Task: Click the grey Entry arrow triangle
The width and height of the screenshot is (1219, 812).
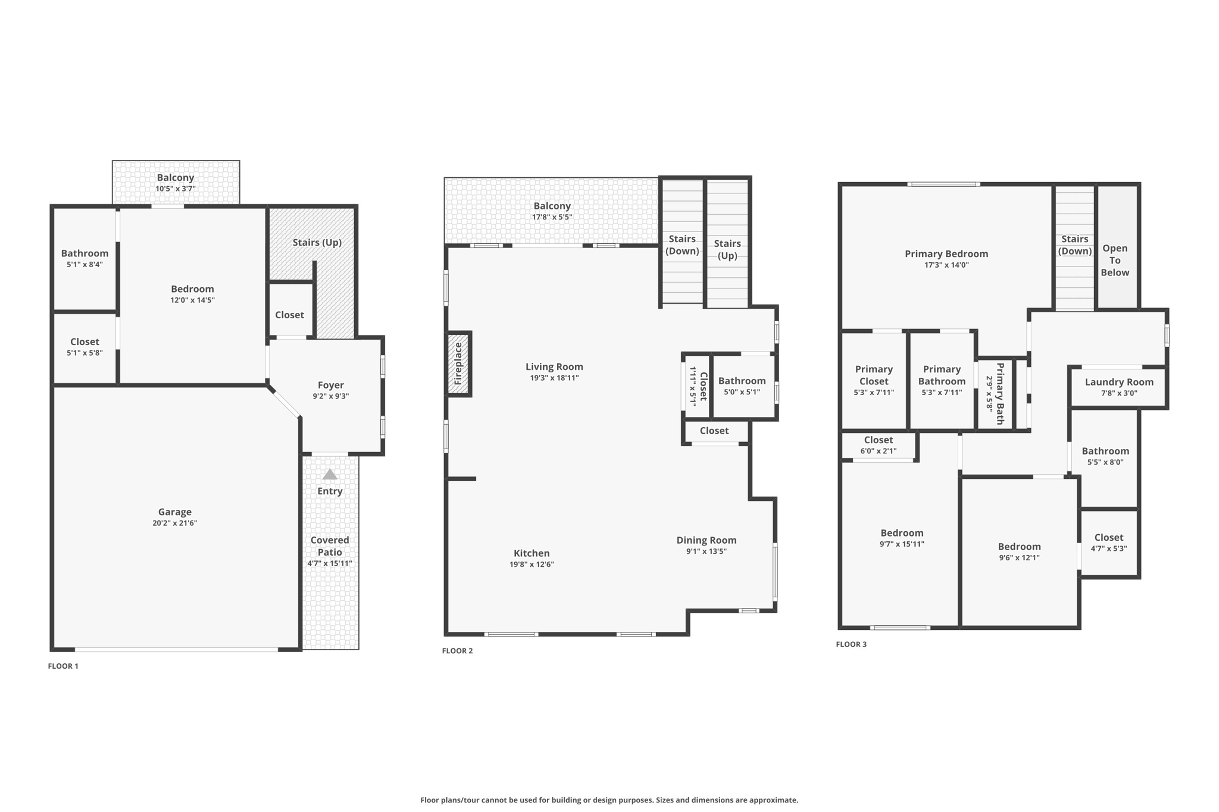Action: (x=330, y=475)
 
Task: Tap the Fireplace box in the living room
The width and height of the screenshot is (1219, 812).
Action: (x=459, y=363)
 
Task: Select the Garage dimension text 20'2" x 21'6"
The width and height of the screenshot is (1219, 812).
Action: (x=174, y=523)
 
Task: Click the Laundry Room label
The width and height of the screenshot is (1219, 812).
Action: (x=1118, y=382)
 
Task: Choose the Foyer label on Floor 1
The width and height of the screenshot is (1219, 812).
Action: (x=330, y=385)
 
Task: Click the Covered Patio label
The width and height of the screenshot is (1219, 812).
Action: (x=329, y=545)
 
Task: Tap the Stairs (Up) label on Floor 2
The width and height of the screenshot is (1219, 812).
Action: (x=727, y=249)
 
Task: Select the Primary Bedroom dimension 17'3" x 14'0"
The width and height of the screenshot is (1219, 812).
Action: (x=946, y=265)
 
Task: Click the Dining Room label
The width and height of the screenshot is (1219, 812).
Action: (x=706, y=540)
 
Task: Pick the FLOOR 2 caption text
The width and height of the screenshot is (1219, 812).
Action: (x=457, y=651)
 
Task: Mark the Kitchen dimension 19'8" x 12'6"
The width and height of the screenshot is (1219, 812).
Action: (x=532, y=565)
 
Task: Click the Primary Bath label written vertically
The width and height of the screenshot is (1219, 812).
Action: (x=999, y=393)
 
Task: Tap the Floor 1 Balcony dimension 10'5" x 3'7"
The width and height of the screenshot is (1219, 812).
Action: (x=176, y=189)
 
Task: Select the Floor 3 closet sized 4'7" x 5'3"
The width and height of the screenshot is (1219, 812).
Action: (x=1108, y=542)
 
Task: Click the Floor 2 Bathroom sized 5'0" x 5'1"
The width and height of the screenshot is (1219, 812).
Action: (x=742, y=385)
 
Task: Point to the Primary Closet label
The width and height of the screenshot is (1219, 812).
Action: (x=873, y=375)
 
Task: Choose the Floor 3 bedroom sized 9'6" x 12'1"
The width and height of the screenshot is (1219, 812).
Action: (x=1019, y=551)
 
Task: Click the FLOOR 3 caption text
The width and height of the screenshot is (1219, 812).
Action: (x=851, y=644)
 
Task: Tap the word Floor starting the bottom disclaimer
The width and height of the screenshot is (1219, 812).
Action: (x=430, y=800)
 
